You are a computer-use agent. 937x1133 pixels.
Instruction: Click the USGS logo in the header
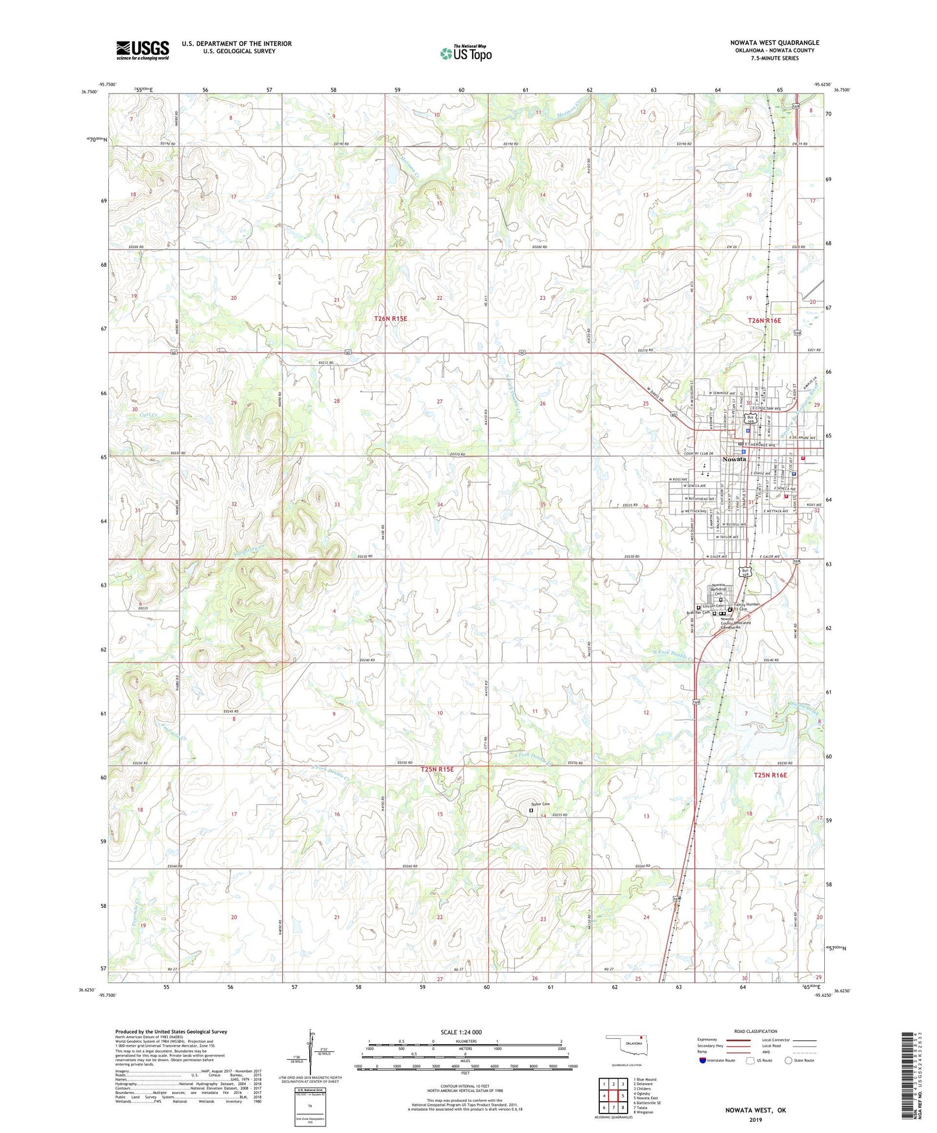pyautogui.click(x=142, y=50)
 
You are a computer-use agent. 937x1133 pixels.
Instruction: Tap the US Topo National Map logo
pyautogui.click(x=466, y=53)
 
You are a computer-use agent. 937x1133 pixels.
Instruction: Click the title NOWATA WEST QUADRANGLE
pyautogui.click(x=774, y=43)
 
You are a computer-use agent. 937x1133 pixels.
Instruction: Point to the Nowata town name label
pyautogui.click(x=734, y=459)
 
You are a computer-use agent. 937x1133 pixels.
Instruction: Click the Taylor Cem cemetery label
pyautogui.click(x=540, y=804)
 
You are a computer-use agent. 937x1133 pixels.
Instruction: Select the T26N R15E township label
pyautogui.click(x=390, y=319)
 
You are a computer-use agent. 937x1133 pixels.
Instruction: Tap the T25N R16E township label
pyautogui.click(x=770, y=775)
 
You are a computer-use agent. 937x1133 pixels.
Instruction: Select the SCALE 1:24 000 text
pyautogui.click(x=461, y=1032)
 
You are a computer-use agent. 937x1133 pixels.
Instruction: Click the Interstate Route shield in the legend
pyautogui.click(x=703, y=1060)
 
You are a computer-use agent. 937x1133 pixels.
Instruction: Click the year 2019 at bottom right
pyautogui.click(x=755, y=1119)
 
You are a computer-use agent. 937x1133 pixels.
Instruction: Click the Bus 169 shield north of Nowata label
pyautogui.click(x=749, y=419)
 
